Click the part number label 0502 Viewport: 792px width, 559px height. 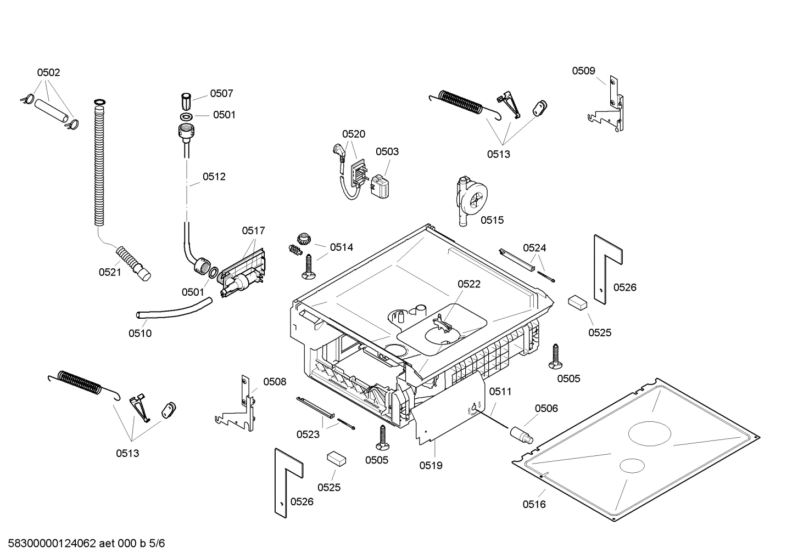(48, 72)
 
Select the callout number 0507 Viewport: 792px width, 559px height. (221, 94)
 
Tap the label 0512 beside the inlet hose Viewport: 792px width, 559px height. (214, 177)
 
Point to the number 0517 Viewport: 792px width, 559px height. (253, 231)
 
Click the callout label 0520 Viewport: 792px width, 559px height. (353, 134)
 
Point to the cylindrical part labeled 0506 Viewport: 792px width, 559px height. (521, 433)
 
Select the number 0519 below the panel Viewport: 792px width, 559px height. (431, 466)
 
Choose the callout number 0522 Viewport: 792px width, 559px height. (469, 284)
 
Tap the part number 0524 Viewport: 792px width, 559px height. (534, 248)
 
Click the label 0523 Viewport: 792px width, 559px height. (308, 434)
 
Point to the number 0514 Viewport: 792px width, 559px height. (341, 247)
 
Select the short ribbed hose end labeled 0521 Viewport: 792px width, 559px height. (134, 262)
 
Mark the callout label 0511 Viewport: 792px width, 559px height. (500, 392)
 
